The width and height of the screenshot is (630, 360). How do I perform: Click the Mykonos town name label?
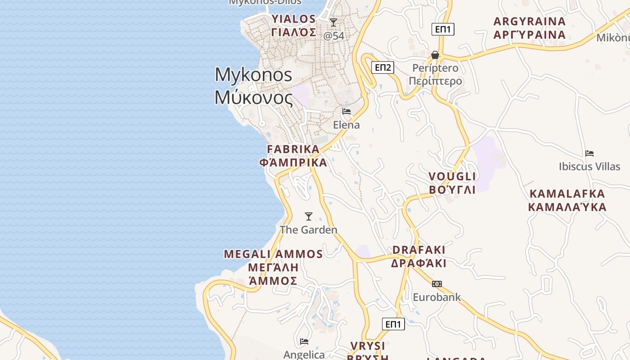(x=253, y=85)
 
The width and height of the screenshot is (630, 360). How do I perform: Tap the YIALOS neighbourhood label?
(x=294, y=25)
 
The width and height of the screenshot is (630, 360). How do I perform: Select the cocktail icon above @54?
(x=333, y=22)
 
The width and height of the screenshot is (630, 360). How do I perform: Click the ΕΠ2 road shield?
(x=383, y=67)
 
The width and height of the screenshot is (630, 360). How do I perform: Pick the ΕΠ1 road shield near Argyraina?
(x=443, y=29)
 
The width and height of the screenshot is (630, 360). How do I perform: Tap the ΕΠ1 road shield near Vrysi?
(x=393, y=324)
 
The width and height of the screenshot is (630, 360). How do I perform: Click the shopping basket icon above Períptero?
(x=435, y=55)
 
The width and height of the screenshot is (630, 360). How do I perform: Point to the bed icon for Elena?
(x=346, y=112)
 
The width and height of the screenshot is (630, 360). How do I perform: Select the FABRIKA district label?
(x=293, y=156)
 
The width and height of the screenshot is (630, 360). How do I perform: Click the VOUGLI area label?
(x=452, y=183)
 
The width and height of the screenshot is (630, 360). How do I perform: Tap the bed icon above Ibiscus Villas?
(x=589, y=153)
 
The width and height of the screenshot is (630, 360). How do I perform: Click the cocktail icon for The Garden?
(x=309, y=216)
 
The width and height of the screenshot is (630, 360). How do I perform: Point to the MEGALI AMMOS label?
(x=273, y=267)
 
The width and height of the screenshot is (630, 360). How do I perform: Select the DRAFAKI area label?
(x=418, y=256)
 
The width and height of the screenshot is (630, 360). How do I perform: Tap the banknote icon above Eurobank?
(x=436, y=284)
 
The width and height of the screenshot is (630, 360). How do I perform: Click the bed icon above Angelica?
(x=304, y=342)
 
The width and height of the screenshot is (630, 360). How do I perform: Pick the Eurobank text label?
(x=437, y=297)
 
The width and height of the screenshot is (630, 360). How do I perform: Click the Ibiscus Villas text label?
(x=589, y=166)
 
